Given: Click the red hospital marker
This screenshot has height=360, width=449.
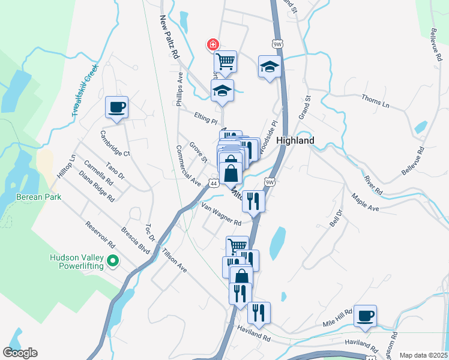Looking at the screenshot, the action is [212, 44].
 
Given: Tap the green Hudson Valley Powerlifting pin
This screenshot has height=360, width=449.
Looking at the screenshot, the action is [112, 261].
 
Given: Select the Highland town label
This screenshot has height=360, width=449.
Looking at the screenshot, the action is [295, 140].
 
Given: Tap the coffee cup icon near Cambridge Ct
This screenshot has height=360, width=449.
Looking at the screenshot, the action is [117, 108].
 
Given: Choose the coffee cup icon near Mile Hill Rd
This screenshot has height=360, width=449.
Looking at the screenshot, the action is [365, 316].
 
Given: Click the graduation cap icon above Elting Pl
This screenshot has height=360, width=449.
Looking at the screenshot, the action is [222, 91].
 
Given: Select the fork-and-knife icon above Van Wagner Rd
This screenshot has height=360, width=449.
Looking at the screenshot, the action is [253, 202].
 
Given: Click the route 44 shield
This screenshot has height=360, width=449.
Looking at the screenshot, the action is [213, 182].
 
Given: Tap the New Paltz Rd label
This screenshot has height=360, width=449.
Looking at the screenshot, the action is [170, 37].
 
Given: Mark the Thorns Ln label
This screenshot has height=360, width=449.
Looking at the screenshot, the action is [376, 100].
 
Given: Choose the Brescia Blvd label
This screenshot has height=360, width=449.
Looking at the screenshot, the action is [134, 239].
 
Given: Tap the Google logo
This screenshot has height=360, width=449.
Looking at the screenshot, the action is [20, 353].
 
